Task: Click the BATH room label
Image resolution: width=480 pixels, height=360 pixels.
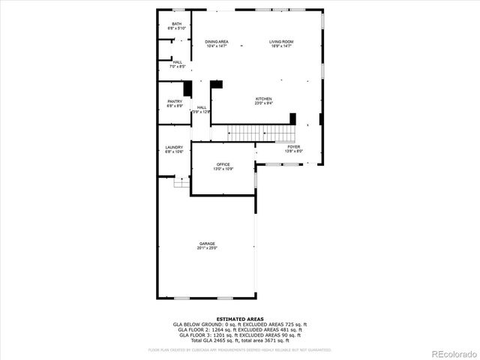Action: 176,24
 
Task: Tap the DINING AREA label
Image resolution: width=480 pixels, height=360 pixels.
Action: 217,41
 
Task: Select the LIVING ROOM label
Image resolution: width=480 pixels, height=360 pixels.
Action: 282,41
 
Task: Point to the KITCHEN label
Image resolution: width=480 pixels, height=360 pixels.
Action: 263,99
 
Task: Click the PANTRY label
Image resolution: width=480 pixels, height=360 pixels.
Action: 175,101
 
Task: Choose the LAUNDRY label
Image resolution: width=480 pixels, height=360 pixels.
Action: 175,147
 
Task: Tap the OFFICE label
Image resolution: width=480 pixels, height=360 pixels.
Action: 223,164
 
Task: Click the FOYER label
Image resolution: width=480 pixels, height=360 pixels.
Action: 293,146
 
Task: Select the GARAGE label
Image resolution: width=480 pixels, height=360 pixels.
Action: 207,243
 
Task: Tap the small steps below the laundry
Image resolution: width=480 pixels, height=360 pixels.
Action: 181,181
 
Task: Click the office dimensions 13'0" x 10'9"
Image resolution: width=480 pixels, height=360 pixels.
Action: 223,169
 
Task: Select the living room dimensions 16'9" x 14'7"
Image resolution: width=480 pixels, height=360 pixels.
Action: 282,46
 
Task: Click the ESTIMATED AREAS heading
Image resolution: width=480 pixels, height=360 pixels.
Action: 240,319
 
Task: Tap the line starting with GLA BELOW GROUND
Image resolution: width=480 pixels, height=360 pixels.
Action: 240,324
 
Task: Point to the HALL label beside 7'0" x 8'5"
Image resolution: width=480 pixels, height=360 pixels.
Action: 177,62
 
